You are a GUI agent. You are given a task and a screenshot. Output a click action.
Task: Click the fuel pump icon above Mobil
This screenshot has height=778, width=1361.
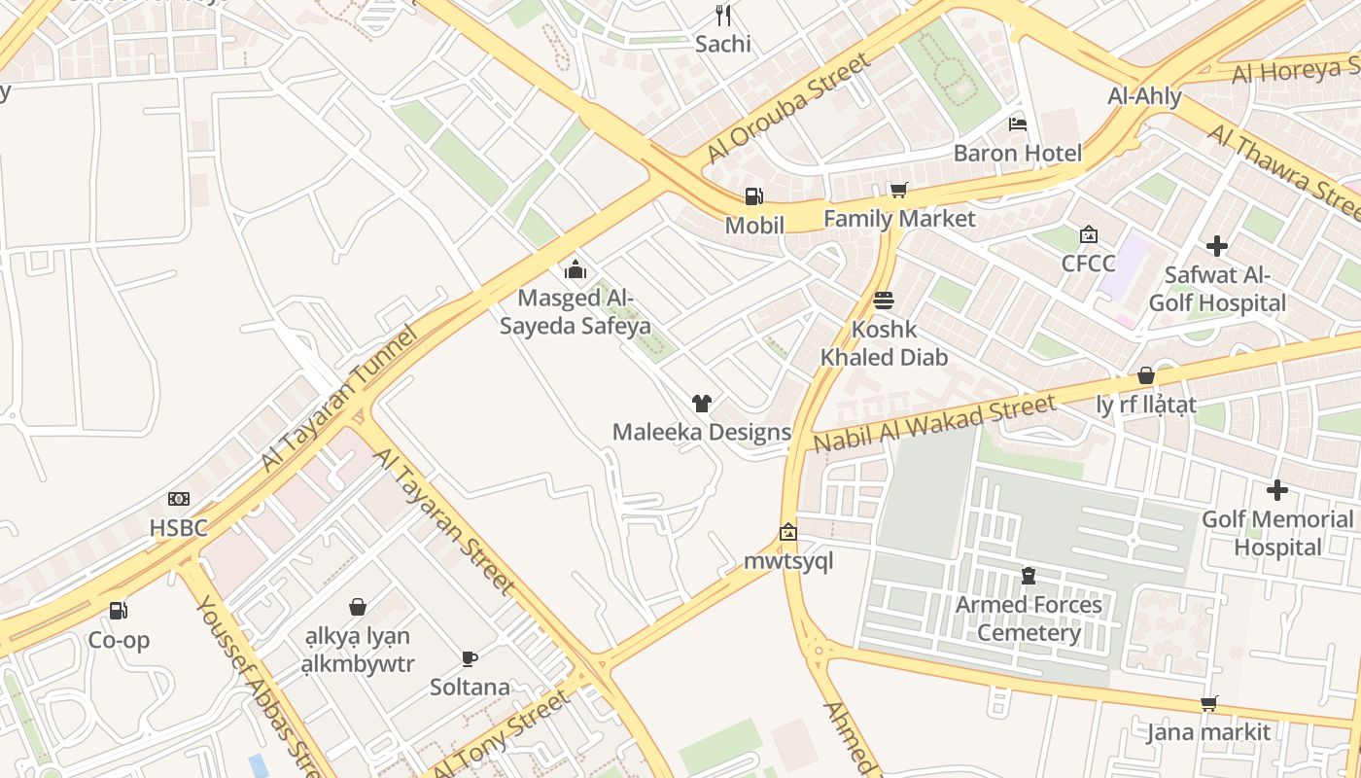pyautogui.click(x=753, y=196)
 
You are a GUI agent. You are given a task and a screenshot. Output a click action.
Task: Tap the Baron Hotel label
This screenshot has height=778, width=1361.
pyautogui.click(x=1017, y=153)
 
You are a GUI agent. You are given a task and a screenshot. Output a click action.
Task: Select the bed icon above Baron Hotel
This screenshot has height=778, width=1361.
pyautogui.click(x=1017, y=124)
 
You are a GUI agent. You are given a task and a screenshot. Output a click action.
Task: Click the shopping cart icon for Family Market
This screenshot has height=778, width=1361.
pyautogui.click(x=898, y=190)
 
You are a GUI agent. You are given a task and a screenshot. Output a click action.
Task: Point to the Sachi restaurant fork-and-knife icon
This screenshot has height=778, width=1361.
pyautogui.click(x=722, y=15)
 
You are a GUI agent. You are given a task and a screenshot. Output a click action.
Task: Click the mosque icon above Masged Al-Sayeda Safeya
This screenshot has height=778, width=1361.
pyautogui.click(x=576, y=268)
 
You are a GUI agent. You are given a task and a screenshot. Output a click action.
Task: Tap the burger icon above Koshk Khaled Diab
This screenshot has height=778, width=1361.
pyautogui.click(x=884, y=300)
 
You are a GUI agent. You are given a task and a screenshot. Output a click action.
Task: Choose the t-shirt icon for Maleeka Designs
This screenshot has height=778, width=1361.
pyautogui.click(x=701, y=403)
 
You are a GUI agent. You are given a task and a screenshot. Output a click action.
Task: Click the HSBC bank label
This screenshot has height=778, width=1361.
pyautogui.click(x=179, y=528)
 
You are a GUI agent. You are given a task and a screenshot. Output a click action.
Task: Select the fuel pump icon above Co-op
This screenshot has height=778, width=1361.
pyautogui.click(x=119, y=611)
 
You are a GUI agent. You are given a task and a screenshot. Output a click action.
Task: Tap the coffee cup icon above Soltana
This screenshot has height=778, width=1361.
pyautogui.click(x=470, y=658)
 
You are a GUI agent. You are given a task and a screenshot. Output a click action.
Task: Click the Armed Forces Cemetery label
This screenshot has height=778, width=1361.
pyautogui.click(x=1029, y=619)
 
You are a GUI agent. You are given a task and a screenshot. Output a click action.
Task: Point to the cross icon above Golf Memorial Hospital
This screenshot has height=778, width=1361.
pyautogui.click(x=1277, y=490)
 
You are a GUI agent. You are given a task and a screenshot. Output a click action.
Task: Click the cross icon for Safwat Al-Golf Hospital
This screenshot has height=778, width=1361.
pyautogui.click(x=1216, y=246)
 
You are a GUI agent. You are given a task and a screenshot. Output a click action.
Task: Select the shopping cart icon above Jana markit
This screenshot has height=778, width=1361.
pyautogui.click(x=1208, y=703)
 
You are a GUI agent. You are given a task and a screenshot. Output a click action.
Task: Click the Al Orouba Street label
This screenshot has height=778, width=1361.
pyautogui.click(x=788, y=108)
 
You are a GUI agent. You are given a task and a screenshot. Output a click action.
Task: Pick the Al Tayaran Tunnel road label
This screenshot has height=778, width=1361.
pyautogui.click(x=339, y=400)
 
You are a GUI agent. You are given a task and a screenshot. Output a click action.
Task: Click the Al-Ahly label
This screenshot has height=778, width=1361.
pyautogui.click(x=1144, y=96)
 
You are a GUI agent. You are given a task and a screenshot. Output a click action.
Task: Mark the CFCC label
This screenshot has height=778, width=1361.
pyautogui.click(x=1088, y=264)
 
